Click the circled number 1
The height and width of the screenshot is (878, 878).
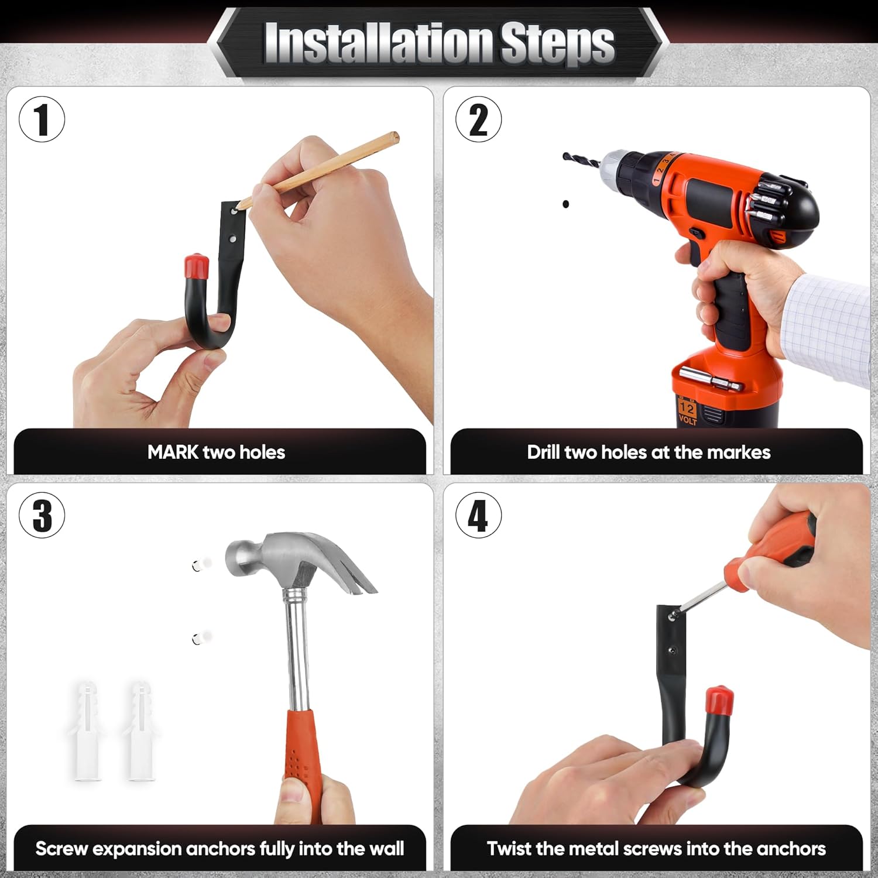tap(42, 119)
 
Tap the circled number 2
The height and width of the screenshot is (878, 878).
tap(479, 119)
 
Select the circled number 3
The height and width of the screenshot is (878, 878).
tap(42, 515)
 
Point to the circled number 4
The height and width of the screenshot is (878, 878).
tap(479, 515)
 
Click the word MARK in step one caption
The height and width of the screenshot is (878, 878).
tap(173, 452)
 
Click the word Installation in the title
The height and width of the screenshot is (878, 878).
tap(378, 42)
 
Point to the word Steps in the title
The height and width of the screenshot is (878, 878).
tap(557, 43)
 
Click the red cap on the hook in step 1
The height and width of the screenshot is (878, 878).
tap(197, 267)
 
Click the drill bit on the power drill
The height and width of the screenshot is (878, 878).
tap(581, 159)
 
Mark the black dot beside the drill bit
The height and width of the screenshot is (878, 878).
tap(565, 204)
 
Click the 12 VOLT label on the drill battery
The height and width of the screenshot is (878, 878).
tap(687, 411)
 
